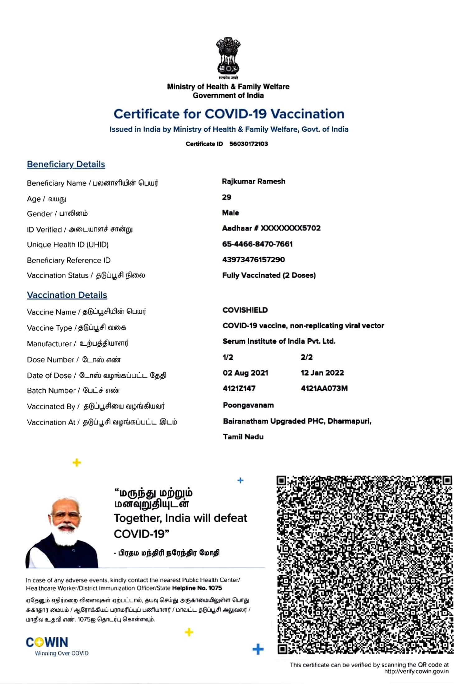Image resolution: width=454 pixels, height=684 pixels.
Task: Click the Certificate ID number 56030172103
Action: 248,144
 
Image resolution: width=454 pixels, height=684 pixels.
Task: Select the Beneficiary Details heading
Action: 66,164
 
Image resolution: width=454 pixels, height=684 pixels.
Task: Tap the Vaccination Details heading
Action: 67,295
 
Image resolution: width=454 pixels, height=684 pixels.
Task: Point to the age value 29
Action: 227,197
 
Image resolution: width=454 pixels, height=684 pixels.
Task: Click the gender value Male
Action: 230,213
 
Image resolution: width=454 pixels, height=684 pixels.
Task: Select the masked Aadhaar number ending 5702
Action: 271,228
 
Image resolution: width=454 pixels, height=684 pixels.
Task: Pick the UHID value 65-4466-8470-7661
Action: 257,244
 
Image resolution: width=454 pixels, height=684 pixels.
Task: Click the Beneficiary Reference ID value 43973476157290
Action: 253,260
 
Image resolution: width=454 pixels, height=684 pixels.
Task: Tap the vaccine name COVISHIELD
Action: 245,310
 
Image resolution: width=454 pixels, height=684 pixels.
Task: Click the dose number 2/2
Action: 307,357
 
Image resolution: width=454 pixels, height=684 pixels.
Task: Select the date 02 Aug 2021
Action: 245,373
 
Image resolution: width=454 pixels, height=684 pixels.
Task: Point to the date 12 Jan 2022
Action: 322,373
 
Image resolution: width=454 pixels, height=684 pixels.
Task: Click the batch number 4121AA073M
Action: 324,388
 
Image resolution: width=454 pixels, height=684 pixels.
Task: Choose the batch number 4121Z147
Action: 239,388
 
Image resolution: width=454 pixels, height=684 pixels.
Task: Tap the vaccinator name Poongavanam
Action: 248,405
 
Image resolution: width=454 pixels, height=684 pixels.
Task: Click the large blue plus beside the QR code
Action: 258,649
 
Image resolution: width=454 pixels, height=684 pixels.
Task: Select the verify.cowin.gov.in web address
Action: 416,671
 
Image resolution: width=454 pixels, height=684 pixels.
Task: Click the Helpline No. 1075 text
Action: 197,588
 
